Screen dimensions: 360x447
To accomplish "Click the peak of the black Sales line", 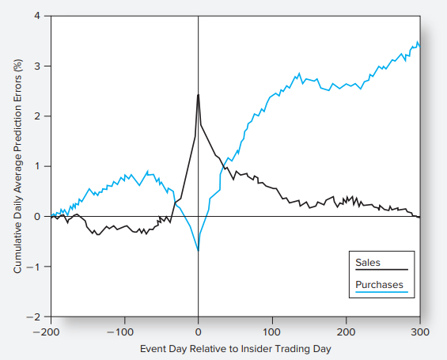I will pos(198,95).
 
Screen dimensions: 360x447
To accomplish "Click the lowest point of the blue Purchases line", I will pos(198,250).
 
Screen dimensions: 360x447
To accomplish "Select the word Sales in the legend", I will pos(368,262).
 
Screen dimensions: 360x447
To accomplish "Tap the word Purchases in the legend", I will pos(379,285).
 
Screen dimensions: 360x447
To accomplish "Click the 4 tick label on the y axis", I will pos(37,16).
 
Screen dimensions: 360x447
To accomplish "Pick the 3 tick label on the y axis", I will pos(37,66).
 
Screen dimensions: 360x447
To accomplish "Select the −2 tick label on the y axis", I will pos(35,316).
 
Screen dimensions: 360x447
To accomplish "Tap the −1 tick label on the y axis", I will pos(35,267).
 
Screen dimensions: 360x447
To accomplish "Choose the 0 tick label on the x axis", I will pos(198,331).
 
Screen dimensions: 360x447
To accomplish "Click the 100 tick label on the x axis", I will pos(271,331).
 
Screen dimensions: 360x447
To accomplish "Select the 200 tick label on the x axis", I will pos(346,331).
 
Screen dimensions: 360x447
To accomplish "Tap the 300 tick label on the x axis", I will pos(419,331).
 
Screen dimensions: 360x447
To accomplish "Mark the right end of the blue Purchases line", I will pos(419,44).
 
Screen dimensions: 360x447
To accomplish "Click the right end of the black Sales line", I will pos(419,217).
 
